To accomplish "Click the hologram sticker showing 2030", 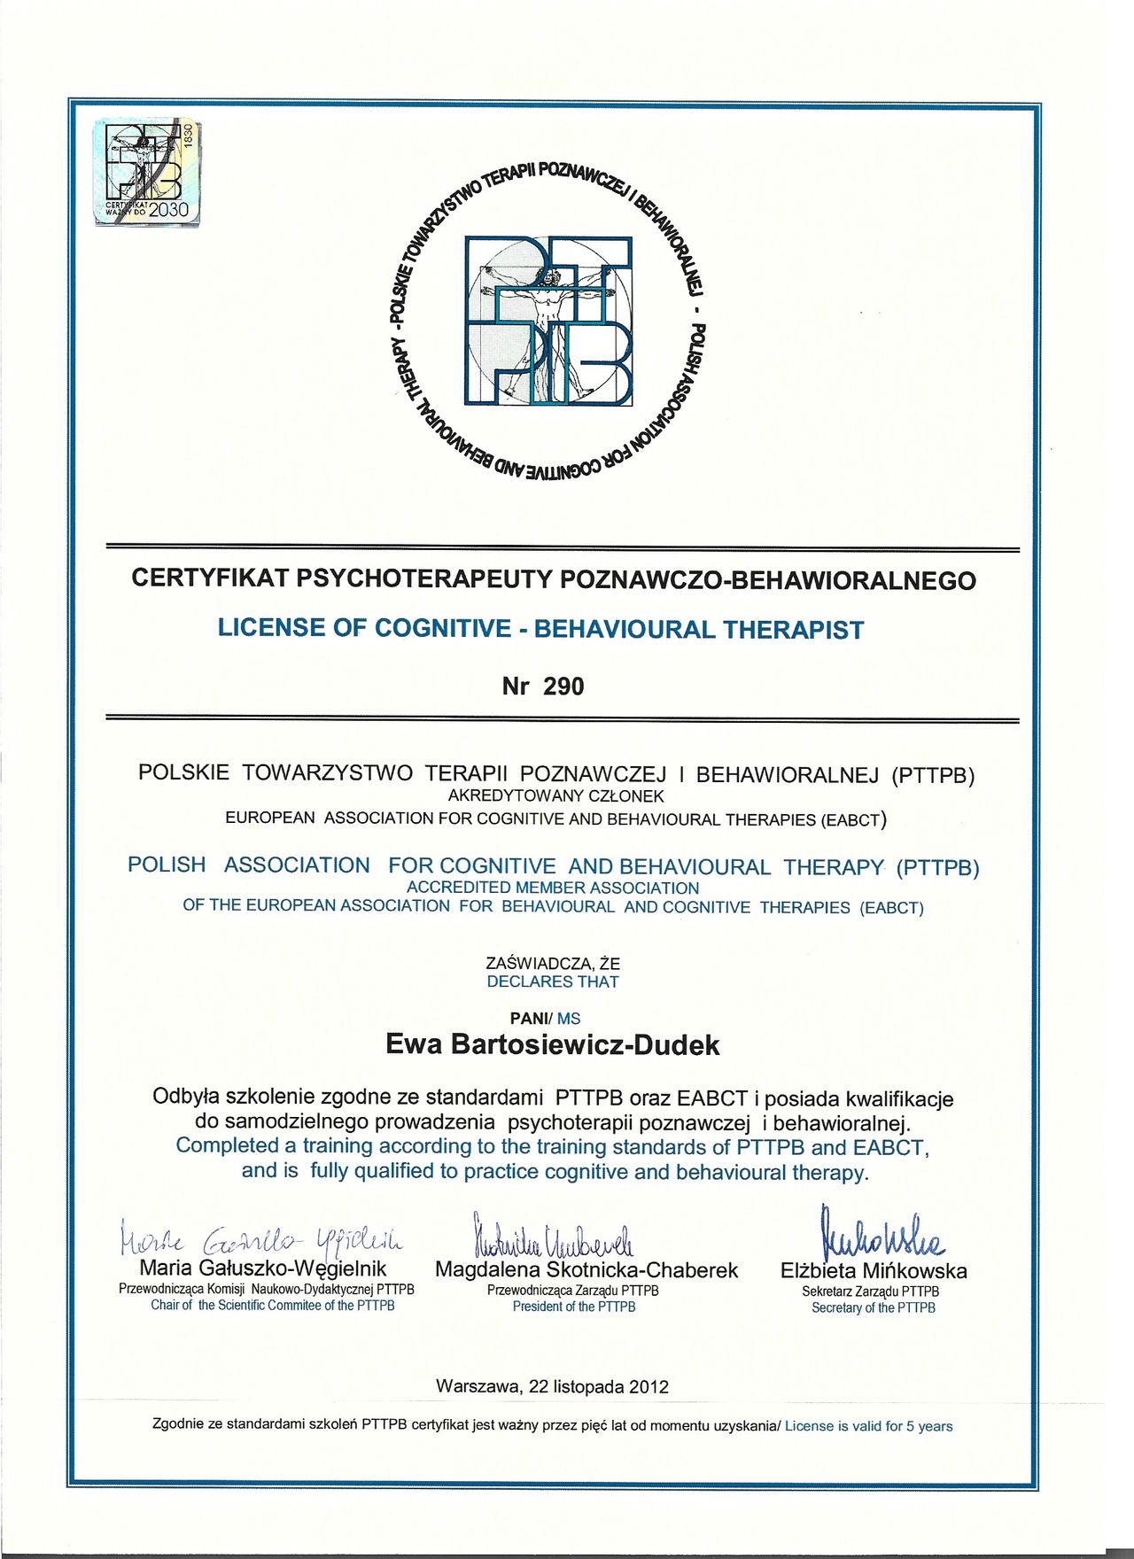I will point(147,171).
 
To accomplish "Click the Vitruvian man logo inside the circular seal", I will point(549,321).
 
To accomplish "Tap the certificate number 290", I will point(563,686).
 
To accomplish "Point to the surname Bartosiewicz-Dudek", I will point(585,1045).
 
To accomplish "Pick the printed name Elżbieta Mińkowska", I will point(874,1271).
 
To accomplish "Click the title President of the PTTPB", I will point(574,1307).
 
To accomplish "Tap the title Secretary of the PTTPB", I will point(874,1307).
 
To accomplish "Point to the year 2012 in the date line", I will point(649,1387).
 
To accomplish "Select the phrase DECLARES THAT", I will point(553,981).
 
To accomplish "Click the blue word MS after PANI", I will point(569,1019).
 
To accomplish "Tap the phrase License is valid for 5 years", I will point(868,1426).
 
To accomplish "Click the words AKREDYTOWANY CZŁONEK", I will point(555,795).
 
